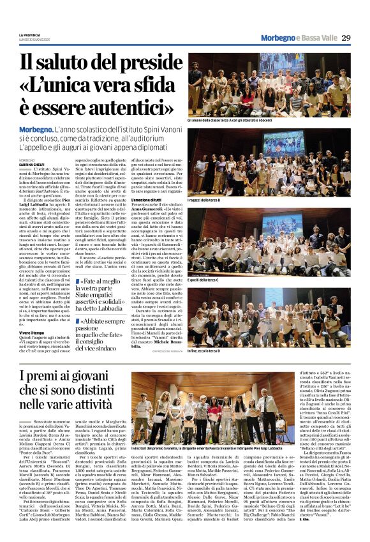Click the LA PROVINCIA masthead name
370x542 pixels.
coord(29,34)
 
